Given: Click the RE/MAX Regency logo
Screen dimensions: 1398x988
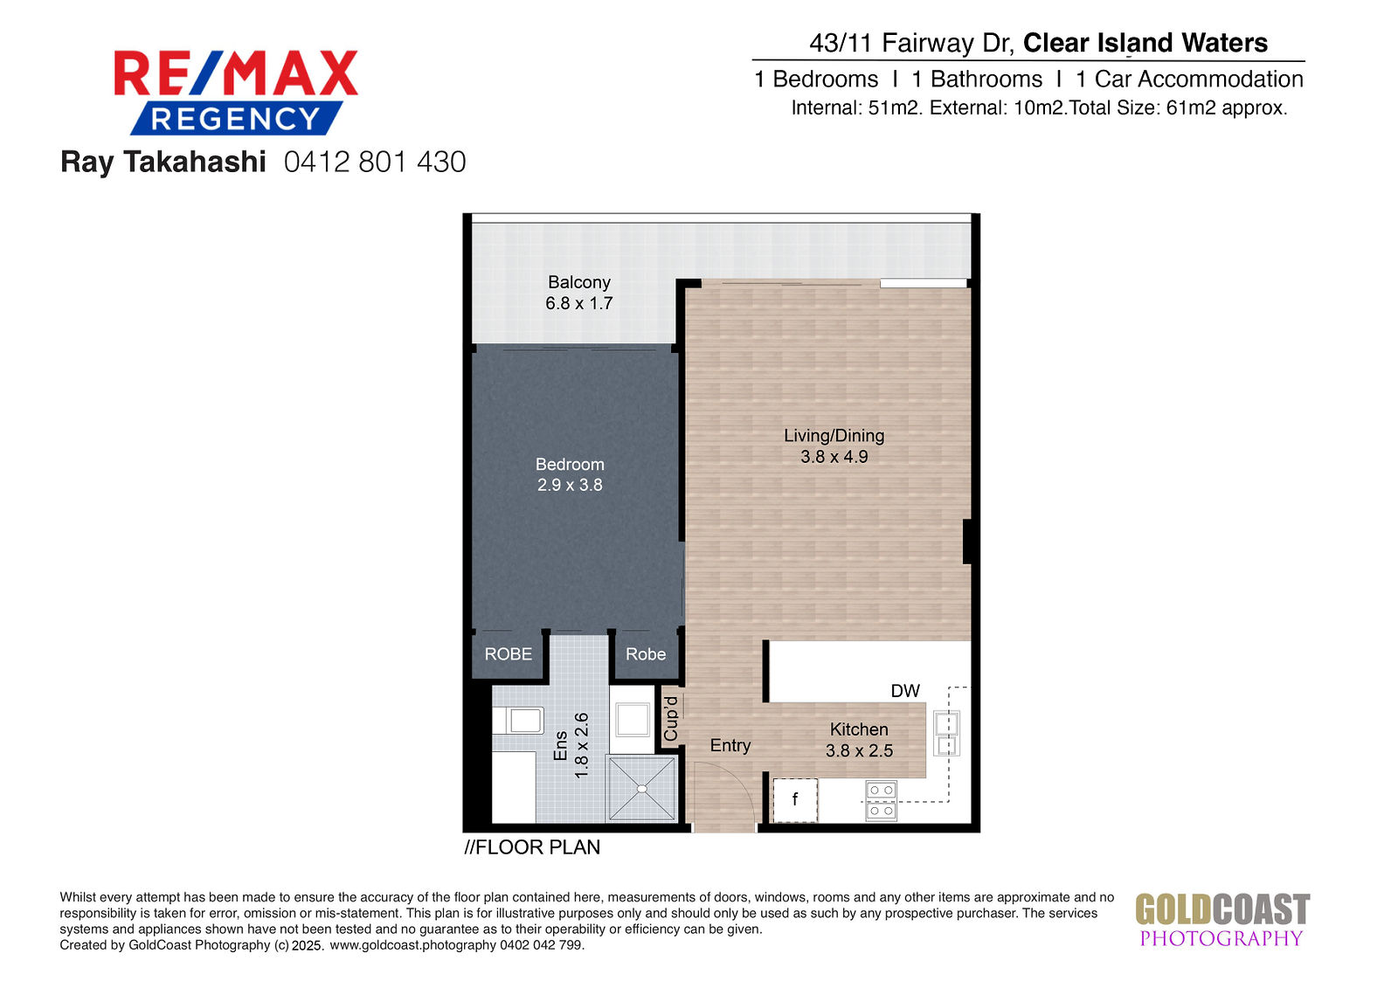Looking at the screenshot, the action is [236, 93].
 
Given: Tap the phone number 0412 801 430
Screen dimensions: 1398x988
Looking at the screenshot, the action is [375, 162].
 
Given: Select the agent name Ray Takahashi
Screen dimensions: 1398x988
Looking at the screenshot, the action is [163, 162].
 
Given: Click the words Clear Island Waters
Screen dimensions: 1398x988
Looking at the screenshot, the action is [1145, 43].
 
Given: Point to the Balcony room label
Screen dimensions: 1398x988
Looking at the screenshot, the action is [579, 282].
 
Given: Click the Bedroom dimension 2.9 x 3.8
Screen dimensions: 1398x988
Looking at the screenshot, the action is [570, 485].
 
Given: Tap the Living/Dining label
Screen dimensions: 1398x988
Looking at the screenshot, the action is [834, 436].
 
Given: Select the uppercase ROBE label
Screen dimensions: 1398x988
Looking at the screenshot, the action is [509, 654].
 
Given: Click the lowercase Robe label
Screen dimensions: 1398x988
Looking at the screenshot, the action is [646, 654].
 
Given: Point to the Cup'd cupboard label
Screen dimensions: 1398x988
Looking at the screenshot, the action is [671, 719].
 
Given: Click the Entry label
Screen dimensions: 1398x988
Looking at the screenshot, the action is [730, 746].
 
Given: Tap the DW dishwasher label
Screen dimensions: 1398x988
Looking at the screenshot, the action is [905, 691].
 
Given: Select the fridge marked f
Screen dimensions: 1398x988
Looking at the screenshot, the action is [795, 800].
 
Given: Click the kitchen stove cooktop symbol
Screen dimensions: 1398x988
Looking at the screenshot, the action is [882, 801].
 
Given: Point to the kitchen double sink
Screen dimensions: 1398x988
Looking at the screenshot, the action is [947, 733].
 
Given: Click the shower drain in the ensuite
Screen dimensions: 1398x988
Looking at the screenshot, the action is [642, 790].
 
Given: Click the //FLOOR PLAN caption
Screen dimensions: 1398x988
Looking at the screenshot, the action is [532, 847].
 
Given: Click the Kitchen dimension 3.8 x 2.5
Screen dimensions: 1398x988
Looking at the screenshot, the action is [860, 751].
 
